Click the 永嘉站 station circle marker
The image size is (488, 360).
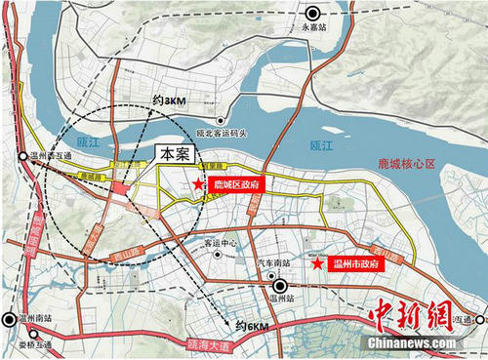pos(313,14)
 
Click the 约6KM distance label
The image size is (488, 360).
pos(253,326)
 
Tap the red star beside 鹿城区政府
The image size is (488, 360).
pos(199,183)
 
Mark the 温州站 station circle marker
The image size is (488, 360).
pos(280,286)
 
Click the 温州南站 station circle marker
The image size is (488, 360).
pos(11,319)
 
